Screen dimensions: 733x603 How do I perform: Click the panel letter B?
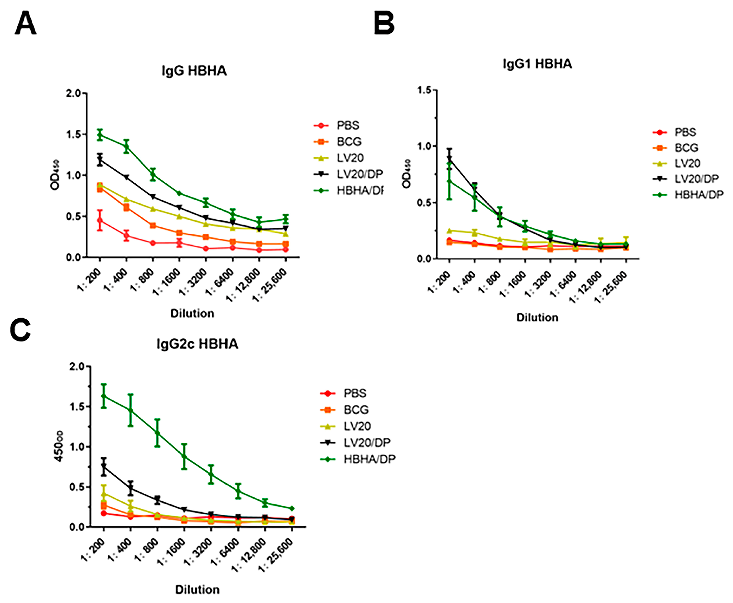tap(384, 23)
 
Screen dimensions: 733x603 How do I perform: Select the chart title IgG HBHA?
tap(194, 71)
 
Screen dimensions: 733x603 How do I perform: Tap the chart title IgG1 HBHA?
tap(537, 64)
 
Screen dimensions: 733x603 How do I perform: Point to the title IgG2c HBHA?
tap(197, 344)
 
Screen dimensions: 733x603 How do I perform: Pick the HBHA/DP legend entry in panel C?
tap(358, 459)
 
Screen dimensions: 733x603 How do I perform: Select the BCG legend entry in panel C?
tap(345, 410)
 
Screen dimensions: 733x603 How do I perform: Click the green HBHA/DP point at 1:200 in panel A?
tap(100, 135)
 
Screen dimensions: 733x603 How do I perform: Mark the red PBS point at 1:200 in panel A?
tap(100, 220)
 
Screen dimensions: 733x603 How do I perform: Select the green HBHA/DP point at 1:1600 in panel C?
tap(184, 456)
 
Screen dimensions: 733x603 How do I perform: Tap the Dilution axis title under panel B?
tap(537, 317)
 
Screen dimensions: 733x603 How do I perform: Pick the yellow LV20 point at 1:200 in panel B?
tap(449, 231)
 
